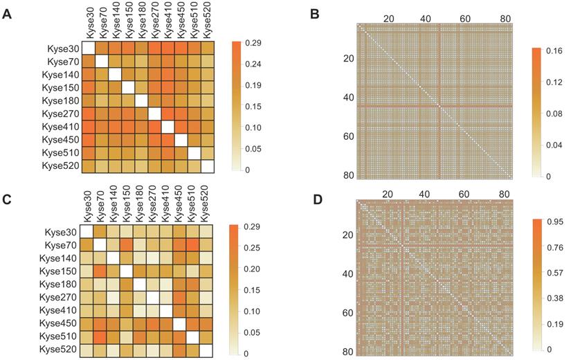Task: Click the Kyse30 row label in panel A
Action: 60,48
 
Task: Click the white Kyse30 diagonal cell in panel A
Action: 89,48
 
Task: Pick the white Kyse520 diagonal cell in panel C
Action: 207,350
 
